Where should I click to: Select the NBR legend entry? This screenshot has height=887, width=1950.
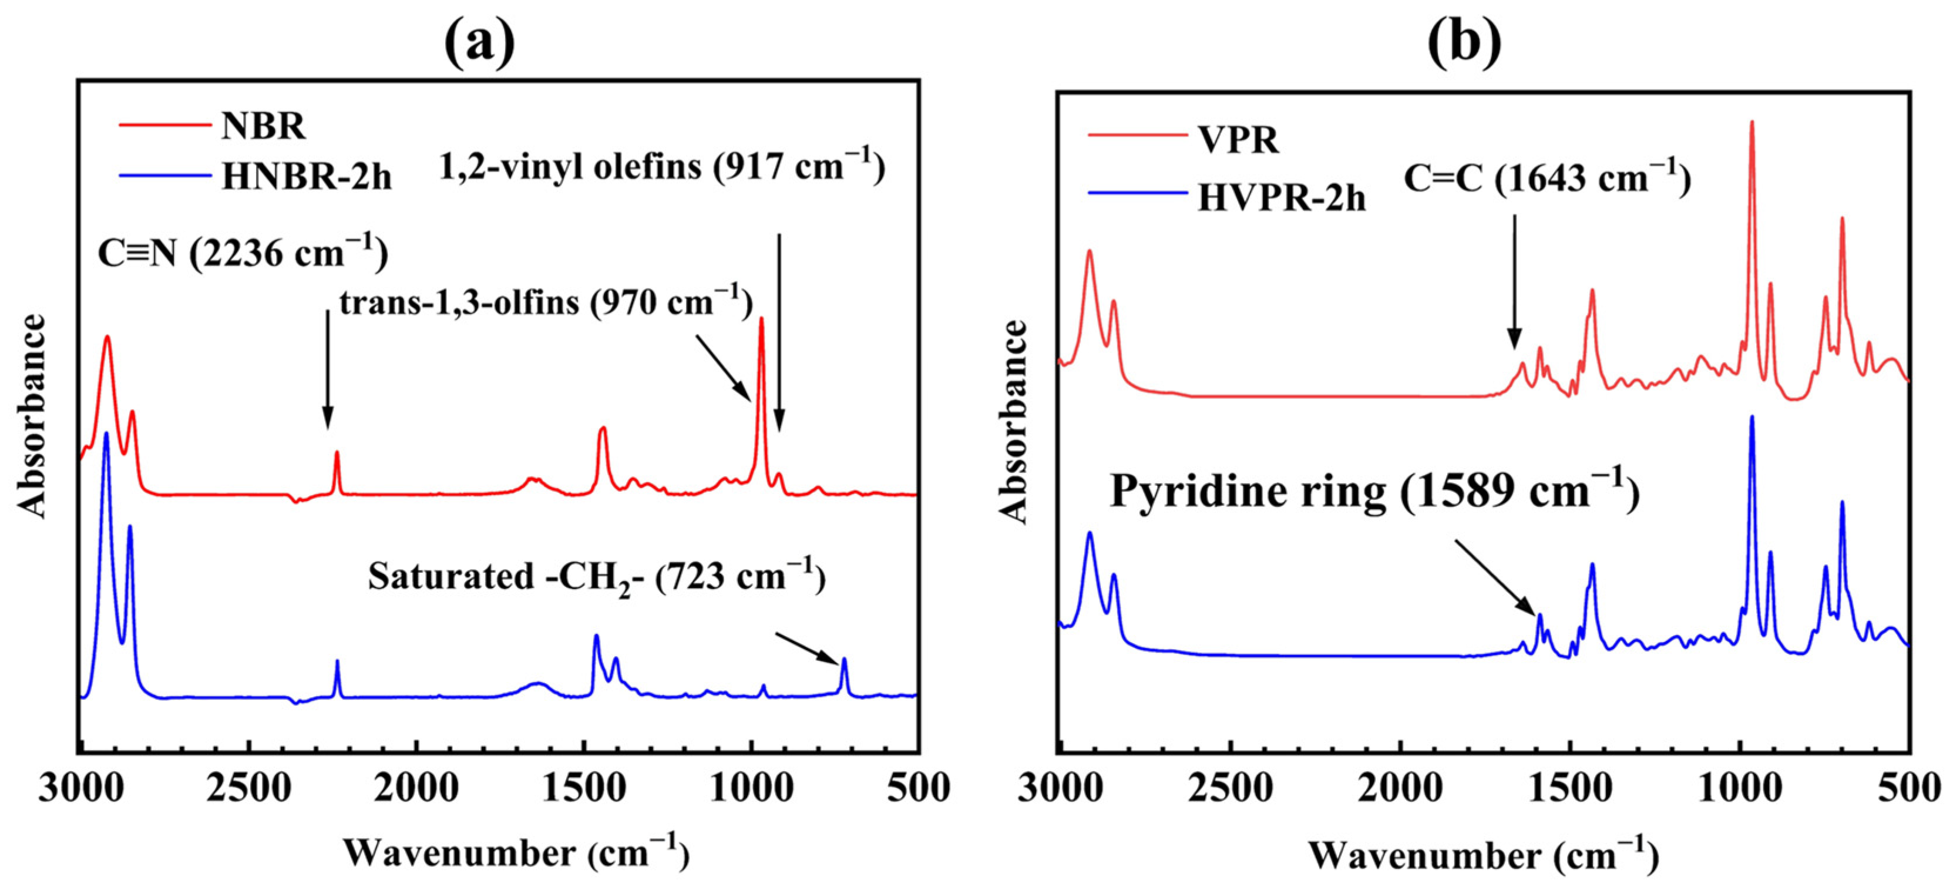(263, 126)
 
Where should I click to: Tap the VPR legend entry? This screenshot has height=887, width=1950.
(1239, 140)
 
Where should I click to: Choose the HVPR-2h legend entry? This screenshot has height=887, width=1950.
(1282, 199)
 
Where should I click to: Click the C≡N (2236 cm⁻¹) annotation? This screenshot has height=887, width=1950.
(242, 252)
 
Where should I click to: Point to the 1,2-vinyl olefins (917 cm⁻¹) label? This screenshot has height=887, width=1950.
(663, 166)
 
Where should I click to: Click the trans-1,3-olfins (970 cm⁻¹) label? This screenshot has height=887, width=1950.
(546, 303)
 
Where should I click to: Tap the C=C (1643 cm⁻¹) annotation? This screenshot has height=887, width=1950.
(1547, 179)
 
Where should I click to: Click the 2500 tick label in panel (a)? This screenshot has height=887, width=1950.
(249, 788)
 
